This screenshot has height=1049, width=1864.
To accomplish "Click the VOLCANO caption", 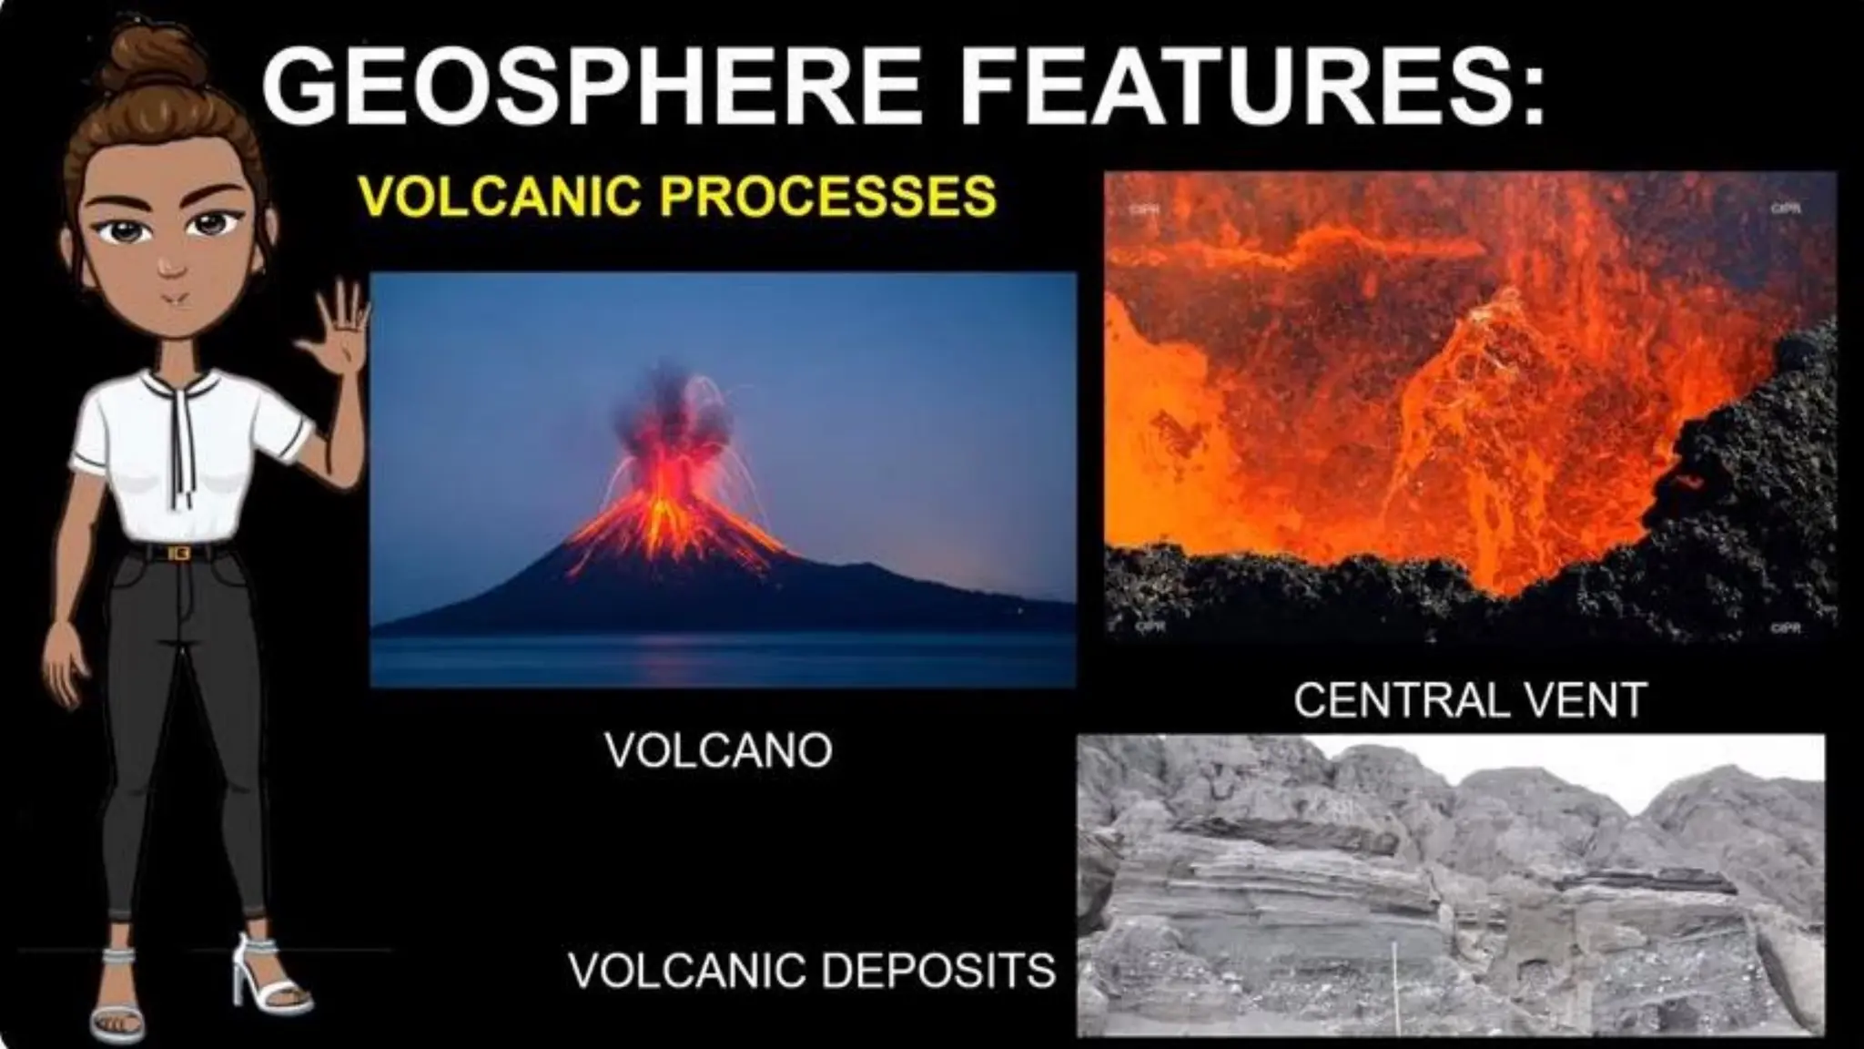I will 718,750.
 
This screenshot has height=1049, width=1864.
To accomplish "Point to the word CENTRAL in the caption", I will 1399,699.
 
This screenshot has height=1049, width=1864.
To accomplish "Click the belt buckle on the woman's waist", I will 178,553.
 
